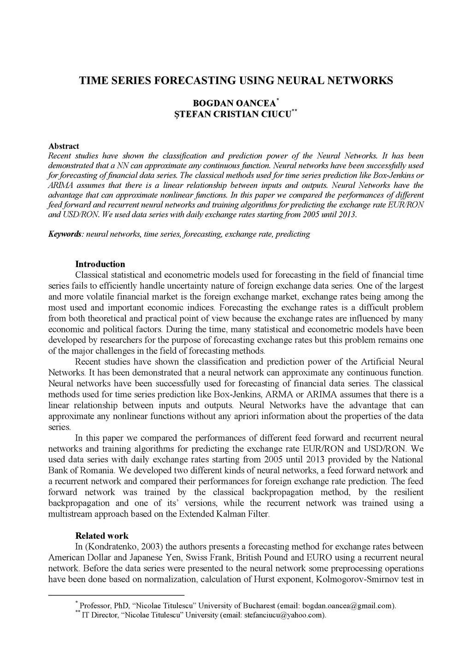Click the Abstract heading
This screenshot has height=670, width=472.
(x=64, y=146)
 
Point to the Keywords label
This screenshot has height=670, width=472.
(x=65, y=234)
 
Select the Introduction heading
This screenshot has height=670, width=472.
(x=100, y=264)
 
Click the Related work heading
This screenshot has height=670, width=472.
(x=102, y=536)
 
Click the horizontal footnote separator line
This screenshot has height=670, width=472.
(x=116, y=595)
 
